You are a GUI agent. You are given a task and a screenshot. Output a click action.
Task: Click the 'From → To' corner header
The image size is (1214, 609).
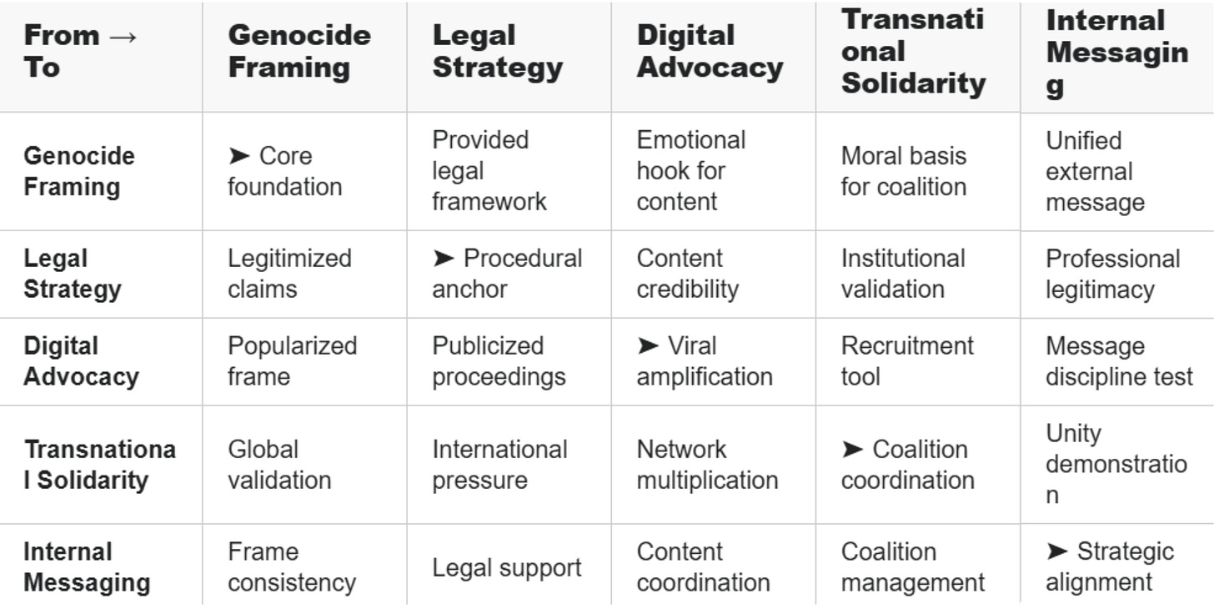pos(81,51)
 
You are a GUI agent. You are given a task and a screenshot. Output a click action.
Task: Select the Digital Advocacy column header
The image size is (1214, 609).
pos(710,51)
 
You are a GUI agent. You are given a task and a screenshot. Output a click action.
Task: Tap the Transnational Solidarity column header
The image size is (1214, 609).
pos(913,51)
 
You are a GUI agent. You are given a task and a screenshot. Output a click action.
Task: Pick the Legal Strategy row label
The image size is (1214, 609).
pos(73,274)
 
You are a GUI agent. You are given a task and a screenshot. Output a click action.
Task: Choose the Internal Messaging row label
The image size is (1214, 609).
pos(87,567)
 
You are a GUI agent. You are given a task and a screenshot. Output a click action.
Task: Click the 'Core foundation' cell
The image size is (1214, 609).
pos(284,171)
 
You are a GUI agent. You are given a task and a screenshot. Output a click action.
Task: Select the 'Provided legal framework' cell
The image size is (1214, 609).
pos(489,170)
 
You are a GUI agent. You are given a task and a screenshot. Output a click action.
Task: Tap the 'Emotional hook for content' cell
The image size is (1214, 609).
pos(690,170)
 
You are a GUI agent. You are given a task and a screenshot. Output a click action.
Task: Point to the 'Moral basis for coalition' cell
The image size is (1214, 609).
pos(904,171)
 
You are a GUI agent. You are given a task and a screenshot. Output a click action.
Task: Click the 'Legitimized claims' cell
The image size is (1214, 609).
pos(289,274)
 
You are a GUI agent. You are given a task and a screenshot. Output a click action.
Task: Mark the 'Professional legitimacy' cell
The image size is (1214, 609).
pos(1112,274)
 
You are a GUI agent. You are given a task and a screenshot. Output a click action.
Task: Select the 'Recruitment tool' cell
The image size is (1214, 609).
pos(907,361)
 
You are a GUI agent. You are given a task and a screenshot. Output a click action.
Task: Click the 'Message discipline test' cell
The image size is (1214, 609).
pos(1119,361)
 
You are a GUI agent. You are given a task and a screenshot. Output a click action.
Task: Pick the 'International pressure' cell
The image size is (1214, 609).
pos(499,465)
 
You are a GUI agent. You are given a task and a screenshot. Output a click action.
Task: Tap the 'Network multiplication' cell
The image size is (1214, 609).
pos(707,465)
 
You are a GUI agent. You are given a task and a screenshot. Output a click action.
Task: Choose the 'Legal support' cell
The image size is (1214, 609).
pos(506,568)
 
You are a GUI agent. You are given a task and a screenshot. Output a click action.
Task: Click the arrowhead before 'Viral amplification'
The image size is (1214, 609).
pos(648,345)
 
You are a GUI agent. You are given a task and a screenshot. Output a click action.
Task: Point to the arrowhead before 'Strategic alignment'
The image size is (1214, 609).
pos(1056,551)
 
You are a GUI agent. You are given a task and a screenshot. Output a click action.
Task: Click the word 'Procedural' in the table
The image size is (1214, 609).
pos(523,259)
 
